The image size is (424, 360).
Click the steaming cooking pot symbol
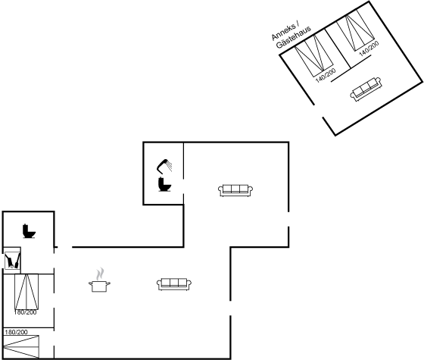(x=99, y=280)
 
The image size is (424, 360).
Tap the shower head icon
(x=164, y=166)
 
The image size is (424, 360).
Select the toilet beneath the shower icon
(x=164, y=184)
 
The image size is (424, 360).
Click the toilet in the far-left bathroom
(x=29, y=231)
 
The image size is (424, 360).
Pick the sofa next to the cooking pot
(x=174, y=284)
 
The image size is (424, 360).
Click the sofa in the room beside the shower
(x=235, y=190)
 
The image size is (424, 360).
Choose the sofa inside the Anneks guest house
(x=366, y=89)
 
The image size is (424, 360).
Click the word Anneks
(x=283, y=33)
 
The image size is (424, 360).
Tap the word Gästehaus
(x=294, y=38)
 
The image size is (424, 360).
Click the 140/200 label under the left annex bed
(x=326, y=75)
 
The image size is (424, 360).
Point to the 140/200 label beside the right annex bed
(x=369, y=49)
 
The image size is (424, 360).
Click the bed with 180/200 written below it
(x=26, y=292)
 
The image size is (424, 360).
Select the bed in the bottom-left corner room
(x=21, y=347)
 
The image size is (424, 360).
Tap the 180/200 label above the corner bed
(x=16, y=332)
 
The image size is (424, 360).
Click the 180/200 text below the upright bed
(x=25, y=312)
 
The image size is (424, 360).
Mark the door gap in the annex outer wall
(x=319, y=111)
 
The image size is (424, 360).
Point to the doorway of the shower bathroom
(x=183, y=186)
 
